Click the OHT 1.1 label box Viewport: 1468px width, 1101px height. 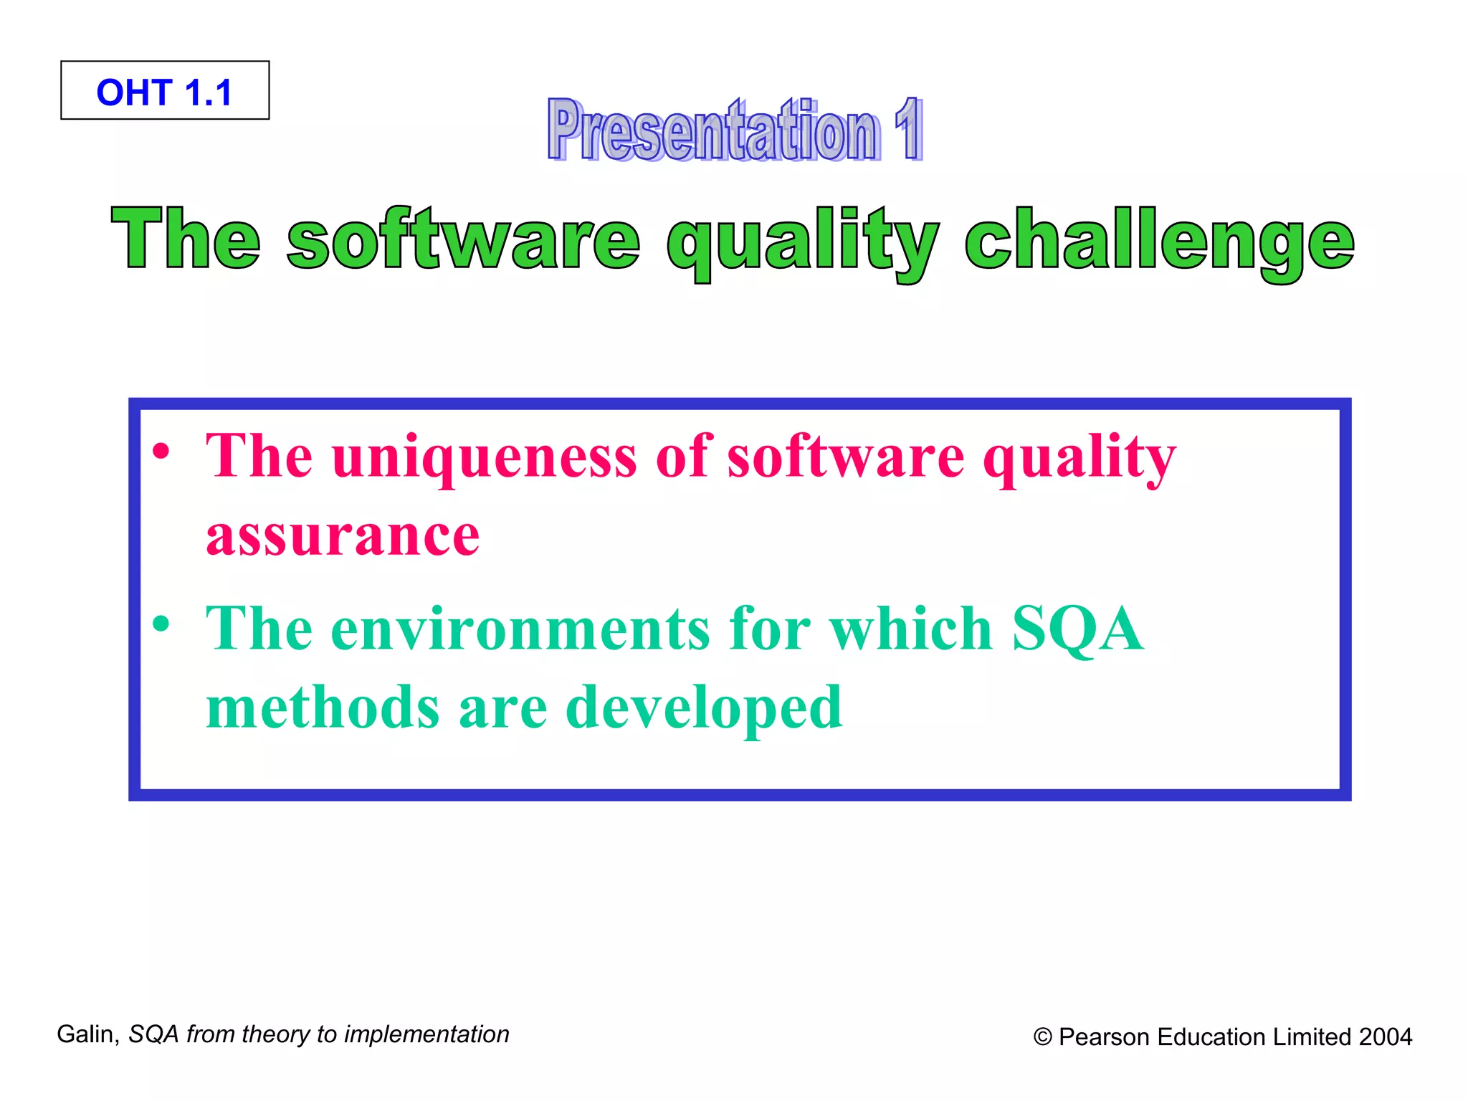pyautogui.click(x=165, y=91)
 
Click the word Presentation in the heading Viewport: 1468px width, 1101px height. pyautogui.click(x=713, y=130)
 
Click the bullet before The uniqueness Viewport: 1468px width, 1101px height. pyautogui.click(x=162, y=452)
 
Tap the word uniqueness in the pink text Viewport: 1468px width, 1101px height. pyautogui.click(x=484, y=457)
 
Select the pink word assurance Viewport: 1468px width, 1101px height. pyautogui.click(x=343, y=536)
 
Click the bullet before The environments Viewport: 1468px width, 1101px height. pyautogui.click(x=162, y=624)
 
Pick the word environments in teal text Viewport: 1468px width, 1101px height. pyautogui.click(x=520, y=629)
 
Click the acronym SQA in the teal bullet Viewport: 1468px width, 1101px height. pyautogui.click(x=1077, y=629)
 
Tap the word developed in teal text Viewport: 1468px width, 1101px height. pyautogui.click(x=704, y=708)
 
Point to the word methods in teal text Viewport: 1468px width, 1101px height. pyautogui.click(x=323, y=708)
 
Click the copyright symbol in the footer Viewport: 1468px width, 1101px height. pyautogui.click(x=1042, y=1037)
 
